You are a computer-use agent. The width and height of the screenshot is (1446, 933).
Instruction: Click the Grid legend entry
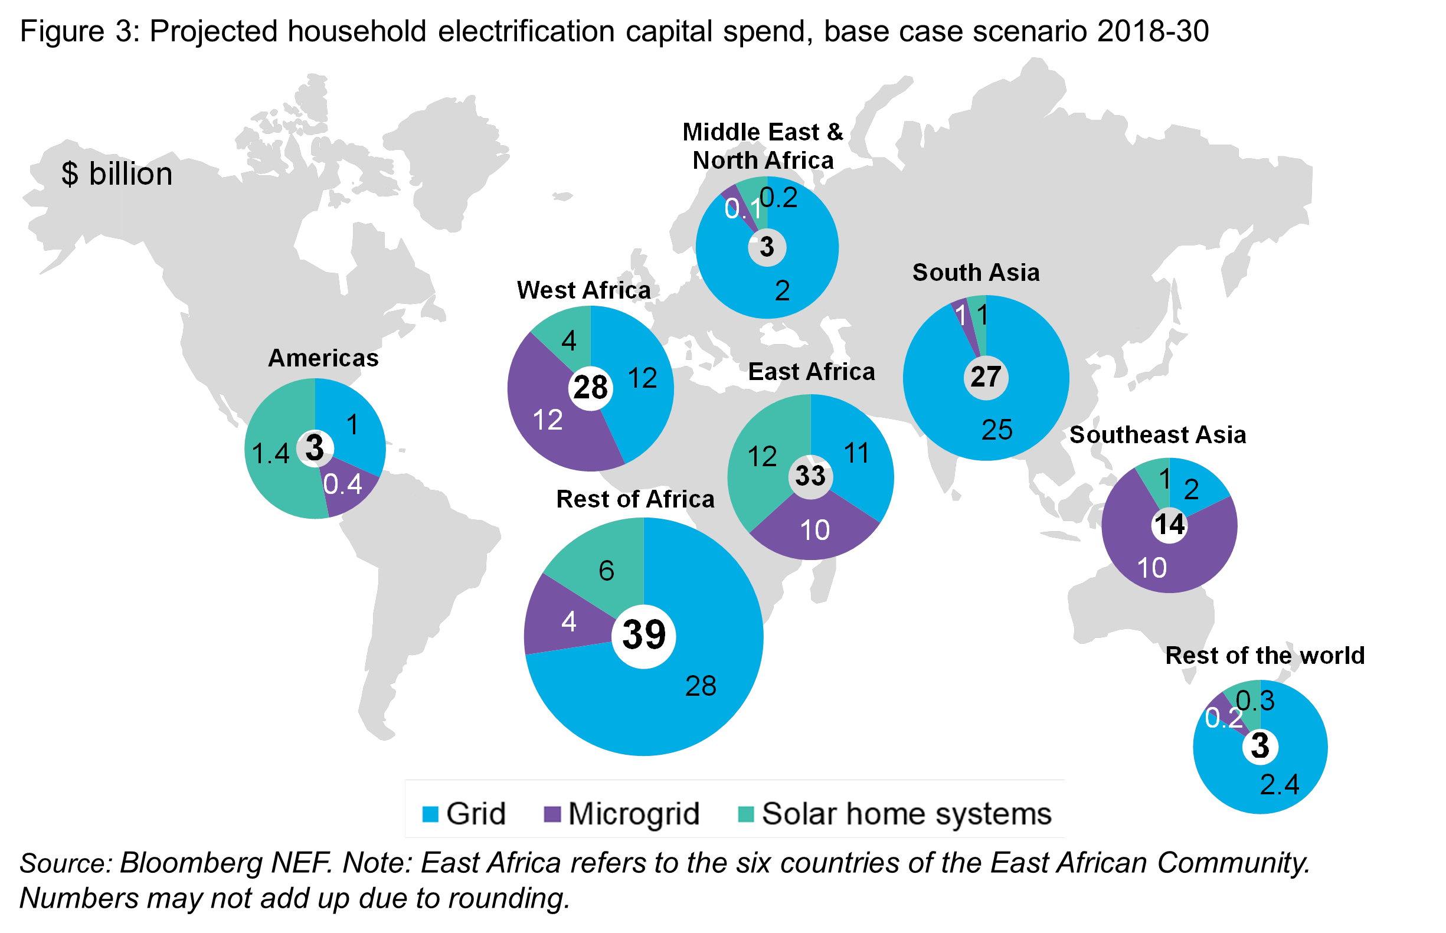click(464, 814)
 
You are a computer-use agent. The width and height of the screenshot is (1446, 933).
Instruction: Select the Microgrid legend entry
click(622, 814)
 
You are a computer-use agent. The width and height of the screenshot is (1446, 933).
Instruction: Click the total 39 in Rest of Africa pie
click(643, 635)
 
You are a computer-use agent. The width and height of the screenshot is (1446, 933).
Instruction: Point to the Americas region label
click(323, 358)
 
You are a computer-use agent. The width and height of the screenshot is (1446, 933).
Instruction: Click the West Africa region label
click(583, 290)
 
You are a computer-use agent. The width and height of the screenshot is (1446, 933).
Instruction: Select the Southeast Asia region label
click(1157, 435)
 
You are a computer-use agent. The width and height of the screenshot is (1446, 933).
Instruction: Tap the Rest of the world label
click(1265, 656)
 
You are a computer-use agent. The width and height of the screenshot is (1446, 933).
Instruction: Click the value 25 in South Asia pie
click(996, 430)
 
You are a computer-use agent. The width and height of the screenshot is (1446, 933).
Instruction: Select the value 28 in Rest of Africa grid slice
click(701, 686)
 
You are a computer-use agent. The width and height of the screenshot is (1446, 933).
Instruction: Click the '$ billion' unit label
click(117, 175)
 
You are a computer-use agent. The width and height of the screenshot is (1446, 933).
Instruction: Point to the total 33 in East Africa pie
click(810, 476)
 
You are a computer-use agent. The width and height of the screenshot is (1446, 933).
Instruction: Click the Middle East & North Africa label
click(763, 146)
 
